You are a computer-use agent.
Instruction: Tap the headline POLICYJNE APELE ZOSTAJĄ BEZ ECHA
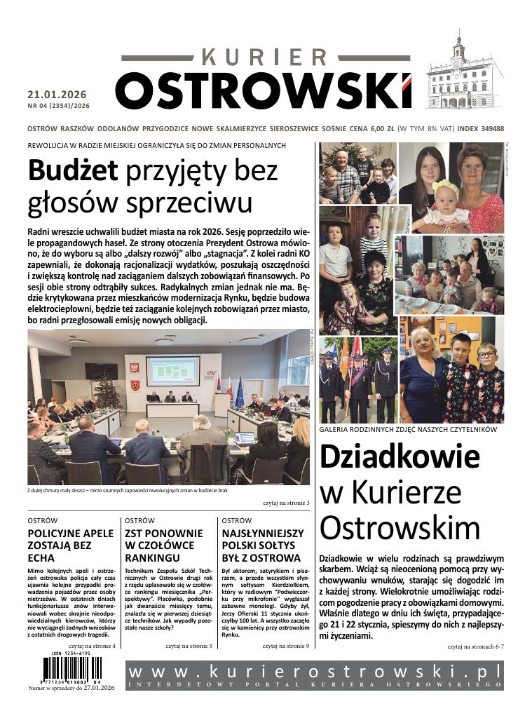[x=70, y=545]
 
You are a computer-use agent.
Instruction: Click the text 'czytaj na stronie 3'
[x=286, y=503]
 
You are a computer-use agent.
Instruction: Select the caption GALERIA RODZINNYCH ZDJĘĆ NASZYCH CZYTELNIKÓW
[x=408, y=428]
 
